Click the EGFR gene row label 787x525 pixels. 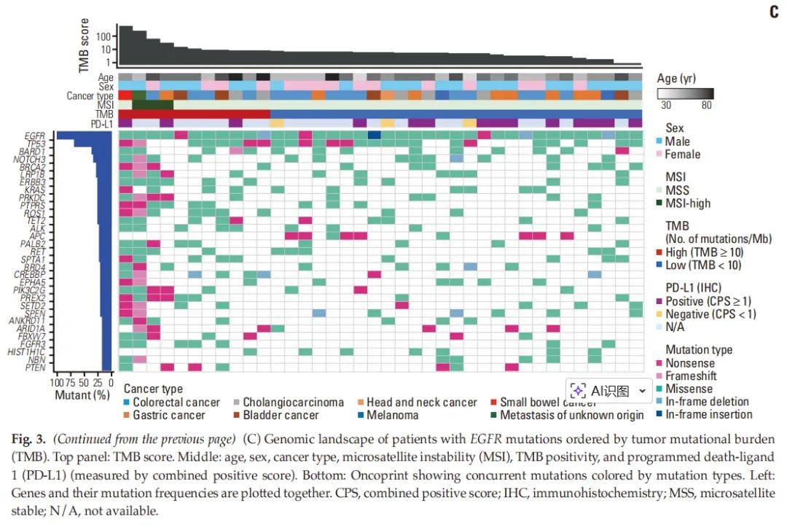[x=34, y=135]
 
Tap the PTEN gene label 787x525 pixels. [x=36, y=367]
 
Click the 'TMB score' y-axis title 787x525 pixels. [x=85, y=45]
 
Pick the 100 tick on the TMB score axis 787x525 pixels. [x=103, y=36]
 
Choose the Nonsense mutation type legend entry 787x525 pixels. [x=690, y=363]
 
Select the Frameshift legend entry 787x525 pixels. [x=691, y=376]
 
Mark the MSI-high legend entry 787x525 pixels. [x=688, y=203]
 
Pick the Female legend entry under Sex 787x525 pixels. [x=682, y=154]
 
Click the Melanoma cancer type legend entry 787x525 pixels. [x=392, y=415]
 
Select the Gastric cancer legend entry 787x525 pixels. [x=168, y=415]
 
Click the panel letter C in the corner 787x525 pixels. [x=774, y=12]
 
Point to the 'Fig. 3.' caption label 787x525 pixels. [x=29, y=439]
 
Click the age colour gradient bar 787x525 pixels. [x=685, y=93]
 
